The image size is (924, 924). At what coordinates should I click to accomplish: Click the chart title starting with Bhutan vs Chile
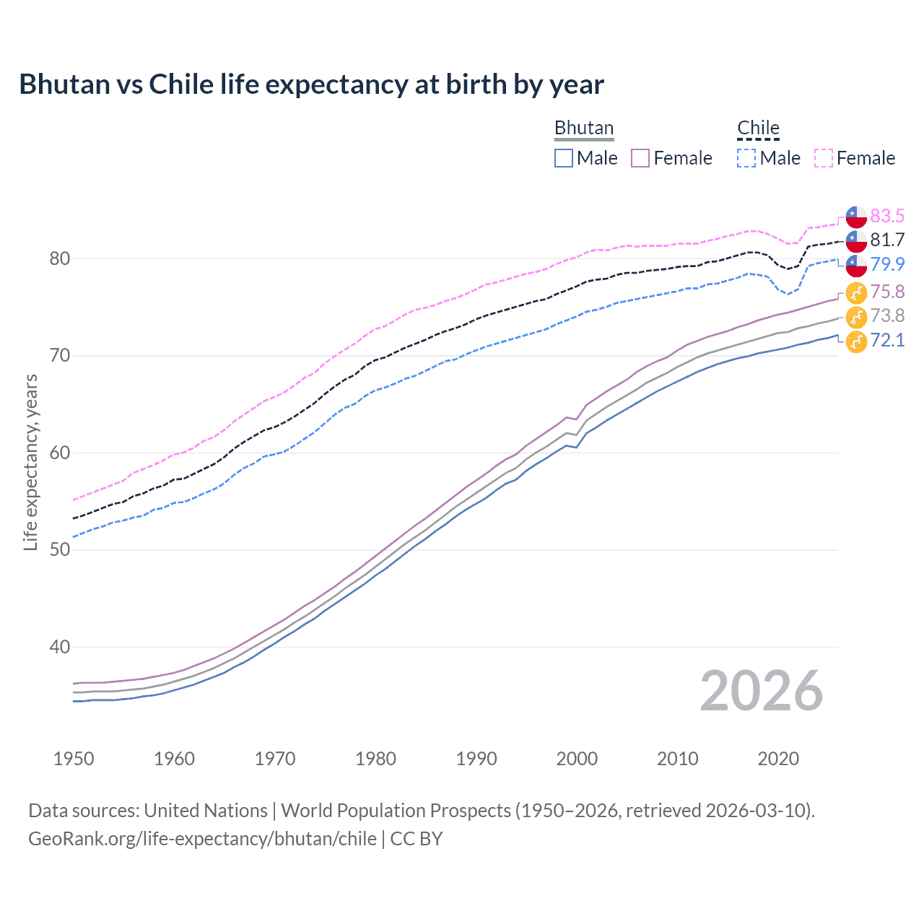click(x=311, y=84)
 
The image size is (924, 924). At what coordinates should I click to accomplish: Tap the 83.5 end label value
click(x=886, y=216)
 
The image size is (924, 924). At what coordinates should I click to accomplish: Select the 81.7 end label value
click(x=886, y=240)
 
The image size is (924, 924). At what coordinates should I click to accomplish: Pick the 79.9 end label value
click(x=886, y=264)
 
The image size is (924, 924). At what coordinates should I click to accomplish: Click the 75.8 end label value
click(x=886, y=292)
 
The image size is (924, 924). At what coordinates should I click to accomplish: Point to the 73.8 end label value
click(x=886, y=315)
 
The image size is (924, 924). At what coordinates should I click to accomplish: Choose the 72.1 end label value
click(x=886, y=340)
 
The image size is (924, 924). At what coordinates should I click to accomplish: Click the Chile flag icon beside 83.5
click(x=856, y=217)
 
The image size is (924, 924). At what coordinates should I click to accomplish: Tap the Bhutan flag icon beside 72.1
click(x=856, y=342)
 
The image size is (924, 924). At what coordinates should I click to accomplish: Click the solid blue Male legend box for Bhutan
click(x=564, y=158)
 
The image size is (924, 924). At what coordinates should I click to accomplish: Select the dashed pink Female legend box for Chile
click(x=824, y=158)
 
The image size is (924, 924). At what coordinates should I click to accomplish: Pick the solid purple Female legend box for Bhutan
click(x=640, y=158)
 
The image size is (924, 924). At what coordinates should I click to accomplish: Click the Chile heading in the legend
click(x=758, y=128)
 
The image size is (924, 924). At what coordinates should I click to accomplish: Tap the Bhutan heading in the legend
click(x=583, y=128)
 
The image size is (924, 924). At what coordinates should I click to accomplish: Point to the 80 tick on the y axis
click(x=59, y=258)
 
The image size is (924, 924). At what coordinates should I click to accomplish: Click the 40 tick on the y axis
click(x=59, y=647)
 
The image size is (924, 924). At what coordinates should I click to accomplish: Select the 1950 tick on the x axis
click(x=74, y=759)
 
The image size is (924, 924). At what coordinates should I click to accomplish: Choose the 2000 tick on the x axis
click(x=577, y=759)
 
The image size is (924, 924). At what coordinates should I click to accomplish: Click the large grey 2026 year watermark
click(x=761, y=691)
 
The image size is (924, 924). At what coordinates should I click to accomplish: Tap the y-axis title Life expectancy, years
click(x=30, y=462)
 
